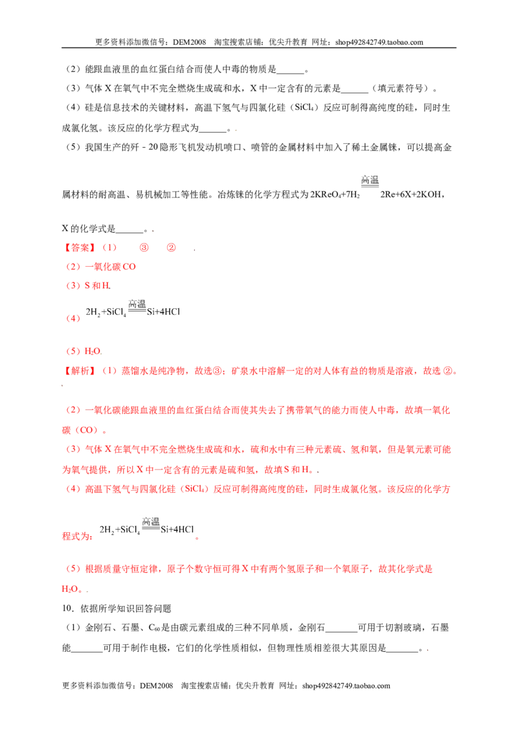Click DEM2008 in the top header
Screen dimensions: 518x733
click(x=189, y=42)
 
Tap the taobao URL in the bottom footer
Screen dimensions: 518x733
click(x=346, y=686)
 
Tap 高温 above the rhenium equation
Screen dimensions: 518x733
click(x=370, y=180)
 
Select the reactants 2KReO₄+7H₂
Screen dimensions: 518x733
click(x=335, y=194)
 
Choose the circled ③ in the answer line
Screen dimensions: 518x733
click(x=144, y=248)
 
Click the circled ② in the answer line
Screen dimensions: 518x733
click(x=171, y=248)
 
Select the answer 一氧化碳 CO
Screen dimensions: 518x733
click(x=110, y=267)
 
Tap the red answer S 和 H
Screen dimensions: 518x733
click(x=97, y=286)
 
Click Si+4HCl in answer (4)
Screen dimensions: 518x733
click(x=163, y=312)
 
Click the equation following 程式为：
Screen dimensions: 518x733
click(x=147, y=527)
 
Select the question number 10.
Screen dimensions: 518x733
click(x=67, y=609)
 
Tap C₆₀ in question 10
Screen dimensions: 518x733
click(x=154, y=628)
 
